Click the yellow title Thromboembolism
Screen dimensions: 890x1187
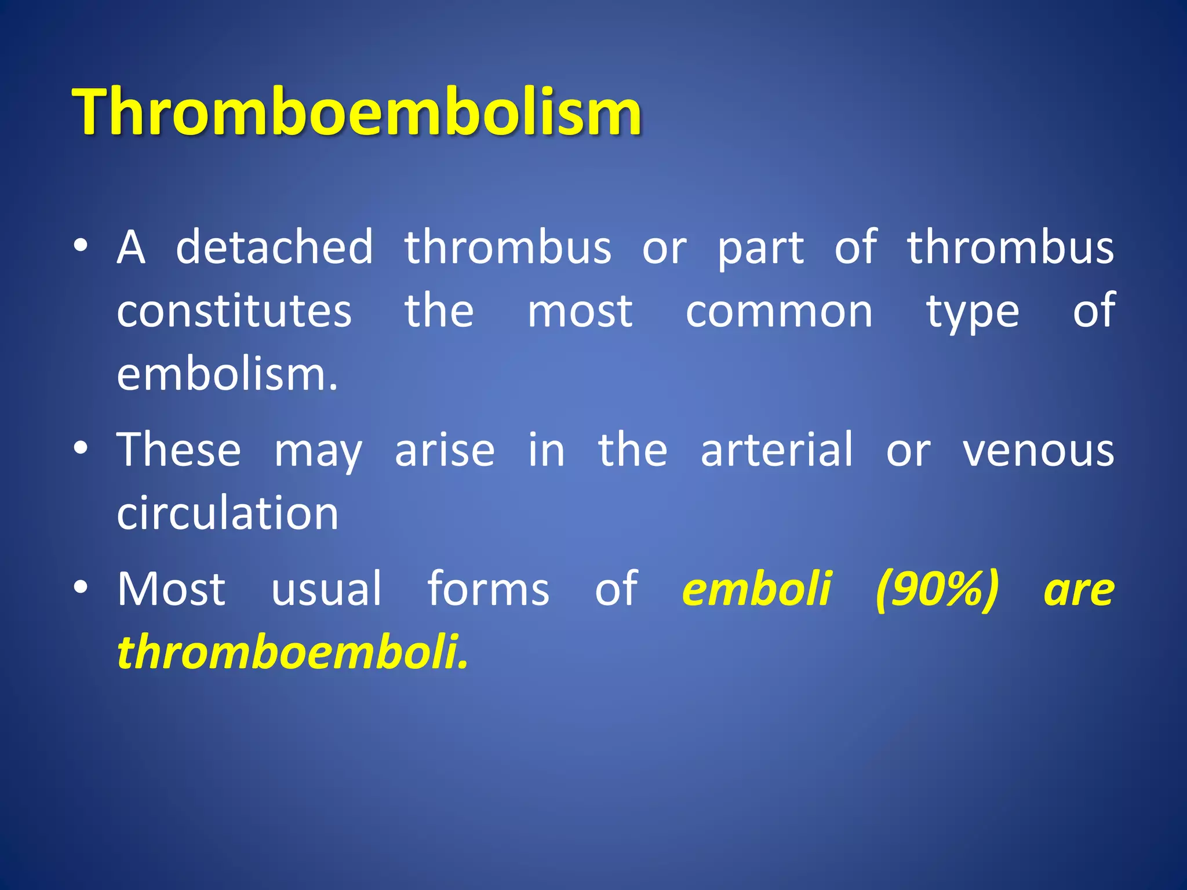[356, 111]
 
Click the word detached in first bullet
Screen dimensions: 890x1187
[275, 247]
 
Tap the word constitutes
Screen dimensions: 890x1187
[234, 311]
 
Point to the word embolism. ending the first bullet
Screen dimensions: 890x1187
[227, 375]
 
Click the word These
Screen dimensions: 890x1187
[179, 450]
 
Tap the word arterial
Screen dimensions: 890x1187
[777, 450]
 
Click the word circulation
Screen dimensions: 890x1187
[227, 514]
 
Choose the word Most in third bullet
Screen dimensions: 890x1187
[171, 589]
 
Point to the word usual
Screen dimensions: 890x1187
[326, 589]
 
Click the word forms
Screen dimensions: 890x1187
[488, 589]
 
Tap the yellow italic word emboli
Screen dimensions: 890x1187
[757, 589]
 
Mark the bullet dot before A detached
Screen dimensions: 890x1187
[81, 246]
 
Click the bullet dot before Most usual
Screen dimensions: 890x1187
[81, 588]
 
